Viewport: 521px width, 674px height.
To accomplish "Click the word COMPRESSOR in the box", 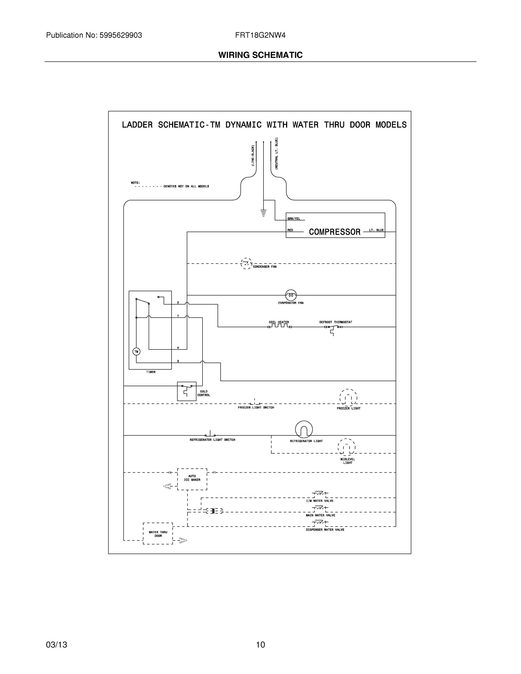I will tap(335, 232).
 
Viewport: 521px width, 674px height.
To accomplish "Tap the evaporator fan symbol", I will tap(291, 295).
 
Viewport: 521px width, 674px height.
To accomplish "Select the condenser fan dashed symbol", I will tap(246, 263).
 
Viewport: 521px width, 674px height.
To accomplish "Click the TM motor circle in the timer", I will tap(136, 352).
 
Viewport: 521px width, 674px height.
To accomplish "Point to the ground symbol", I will tap(263, 213).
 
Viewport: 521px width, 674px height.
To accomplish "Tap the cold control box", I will tap(186, 391).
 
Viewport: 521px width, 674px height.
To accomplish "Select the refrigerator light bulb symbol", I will tap(304, 429).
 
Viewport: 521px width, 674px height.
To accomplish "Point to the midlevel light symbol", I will tap(347, 447).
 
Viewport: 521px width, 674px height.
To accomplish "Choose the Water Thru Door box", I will tap(158, 534).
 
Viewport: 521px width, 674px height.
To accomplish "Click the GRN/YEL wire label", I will tap(294, 219).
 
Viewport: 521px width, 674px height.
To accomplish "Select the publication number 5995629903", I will tap(121, 35).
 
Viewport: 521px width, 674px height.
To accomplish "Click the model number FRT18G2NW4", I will tap(260, 35).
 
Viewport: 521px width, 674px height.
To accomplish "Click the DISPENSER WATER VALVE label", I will tap(325, 530).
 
